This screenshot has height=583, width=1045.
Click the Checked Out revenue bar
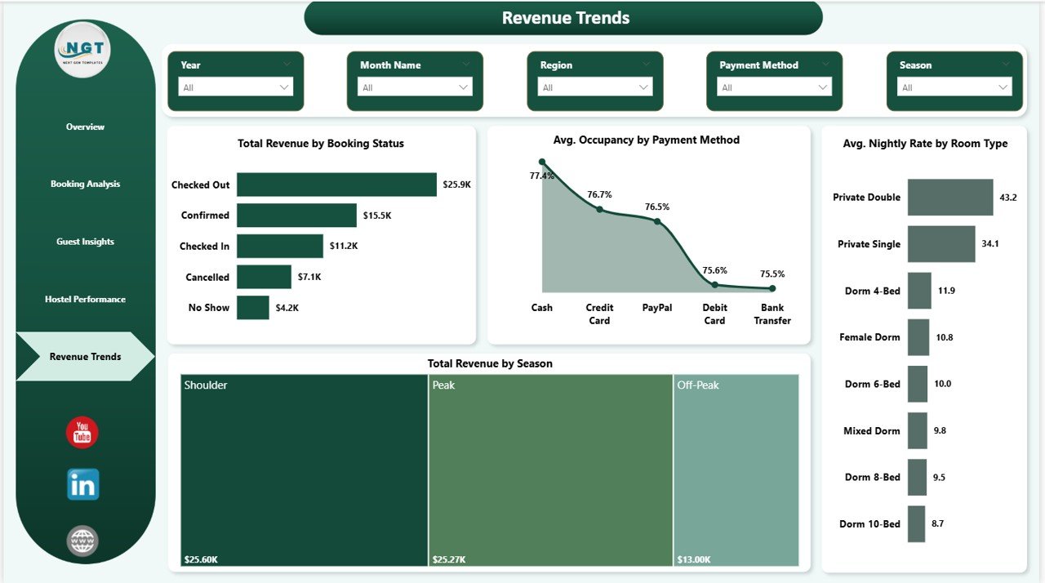336,185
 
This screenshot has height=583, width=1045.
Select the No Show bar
253,308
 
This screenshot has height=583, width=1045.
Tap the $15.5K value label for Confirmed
376,216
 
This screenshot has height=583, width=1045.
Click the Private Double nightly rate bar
950,198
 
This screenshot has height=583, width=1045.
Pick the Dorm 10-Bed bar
916,524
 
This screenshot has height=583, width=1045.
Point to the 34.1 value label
990,244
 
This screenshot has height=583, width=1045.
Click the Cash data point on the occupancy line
541,162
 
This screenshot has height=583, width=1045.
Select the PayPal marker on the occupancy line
656,221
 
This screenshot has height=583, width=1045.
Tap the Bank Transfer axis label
772,314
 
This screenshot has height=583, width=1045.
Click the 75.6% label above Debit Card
714,270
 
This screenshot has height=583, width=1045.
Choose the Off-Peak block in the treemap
736,470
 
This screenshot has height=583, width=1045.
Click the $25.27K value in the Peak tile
448,559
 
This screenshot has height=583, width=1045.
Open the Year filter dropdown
235,87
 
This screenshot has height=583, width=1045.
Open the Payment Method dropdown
774,87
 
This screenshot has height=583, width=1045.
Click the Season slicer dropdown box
954,87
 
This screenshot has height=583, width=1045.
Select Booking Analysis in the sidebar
85,185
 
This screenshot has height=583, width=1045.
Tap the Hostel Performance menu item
85,300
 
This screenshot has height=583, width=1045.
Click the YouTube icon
82,433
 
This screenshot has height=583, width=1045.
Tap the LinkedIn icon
82,484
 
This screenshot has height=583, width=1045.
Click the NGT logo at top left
82,50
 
